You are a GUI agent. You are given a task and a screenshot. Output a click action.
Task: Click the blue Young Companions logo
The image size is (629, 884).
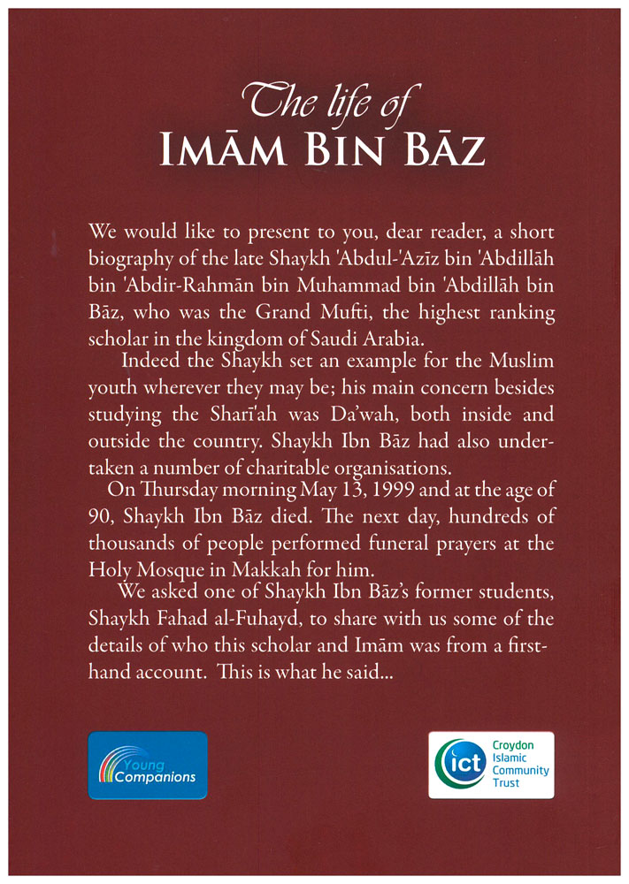tap(148, 765)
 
